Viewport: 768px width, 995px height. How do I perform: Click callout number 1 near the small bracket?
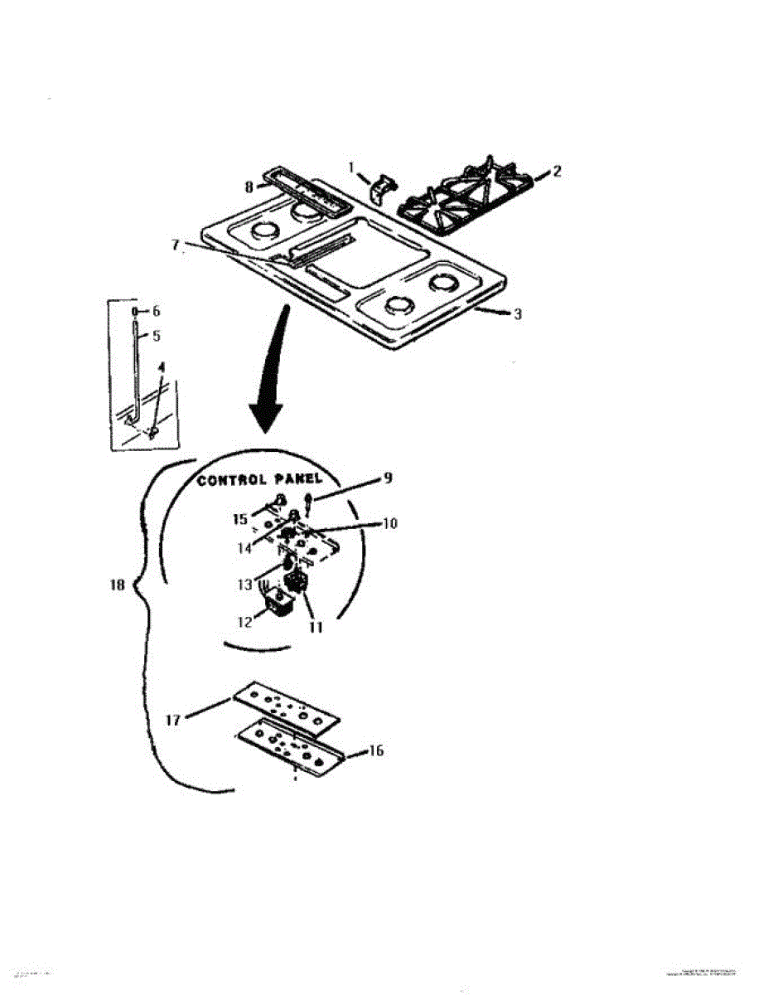[351, 167]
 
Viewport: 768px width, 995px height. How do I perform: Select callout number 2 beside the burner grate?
[558, 171]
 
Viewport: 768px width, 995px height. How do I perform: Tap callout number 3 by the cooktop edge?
[517, 314]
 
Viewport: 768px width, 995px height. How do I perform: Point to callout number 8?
[249, 187]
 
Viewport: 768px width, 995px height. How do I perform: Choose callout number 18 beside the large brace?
[117, 585]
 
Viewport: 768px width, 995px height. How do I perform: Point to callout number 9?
[387, 478]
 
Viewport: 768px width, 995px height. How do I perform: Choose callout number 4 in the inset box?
[162, 366]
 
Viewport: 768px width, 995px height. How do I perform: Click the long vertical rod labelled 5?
[137, 365]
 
